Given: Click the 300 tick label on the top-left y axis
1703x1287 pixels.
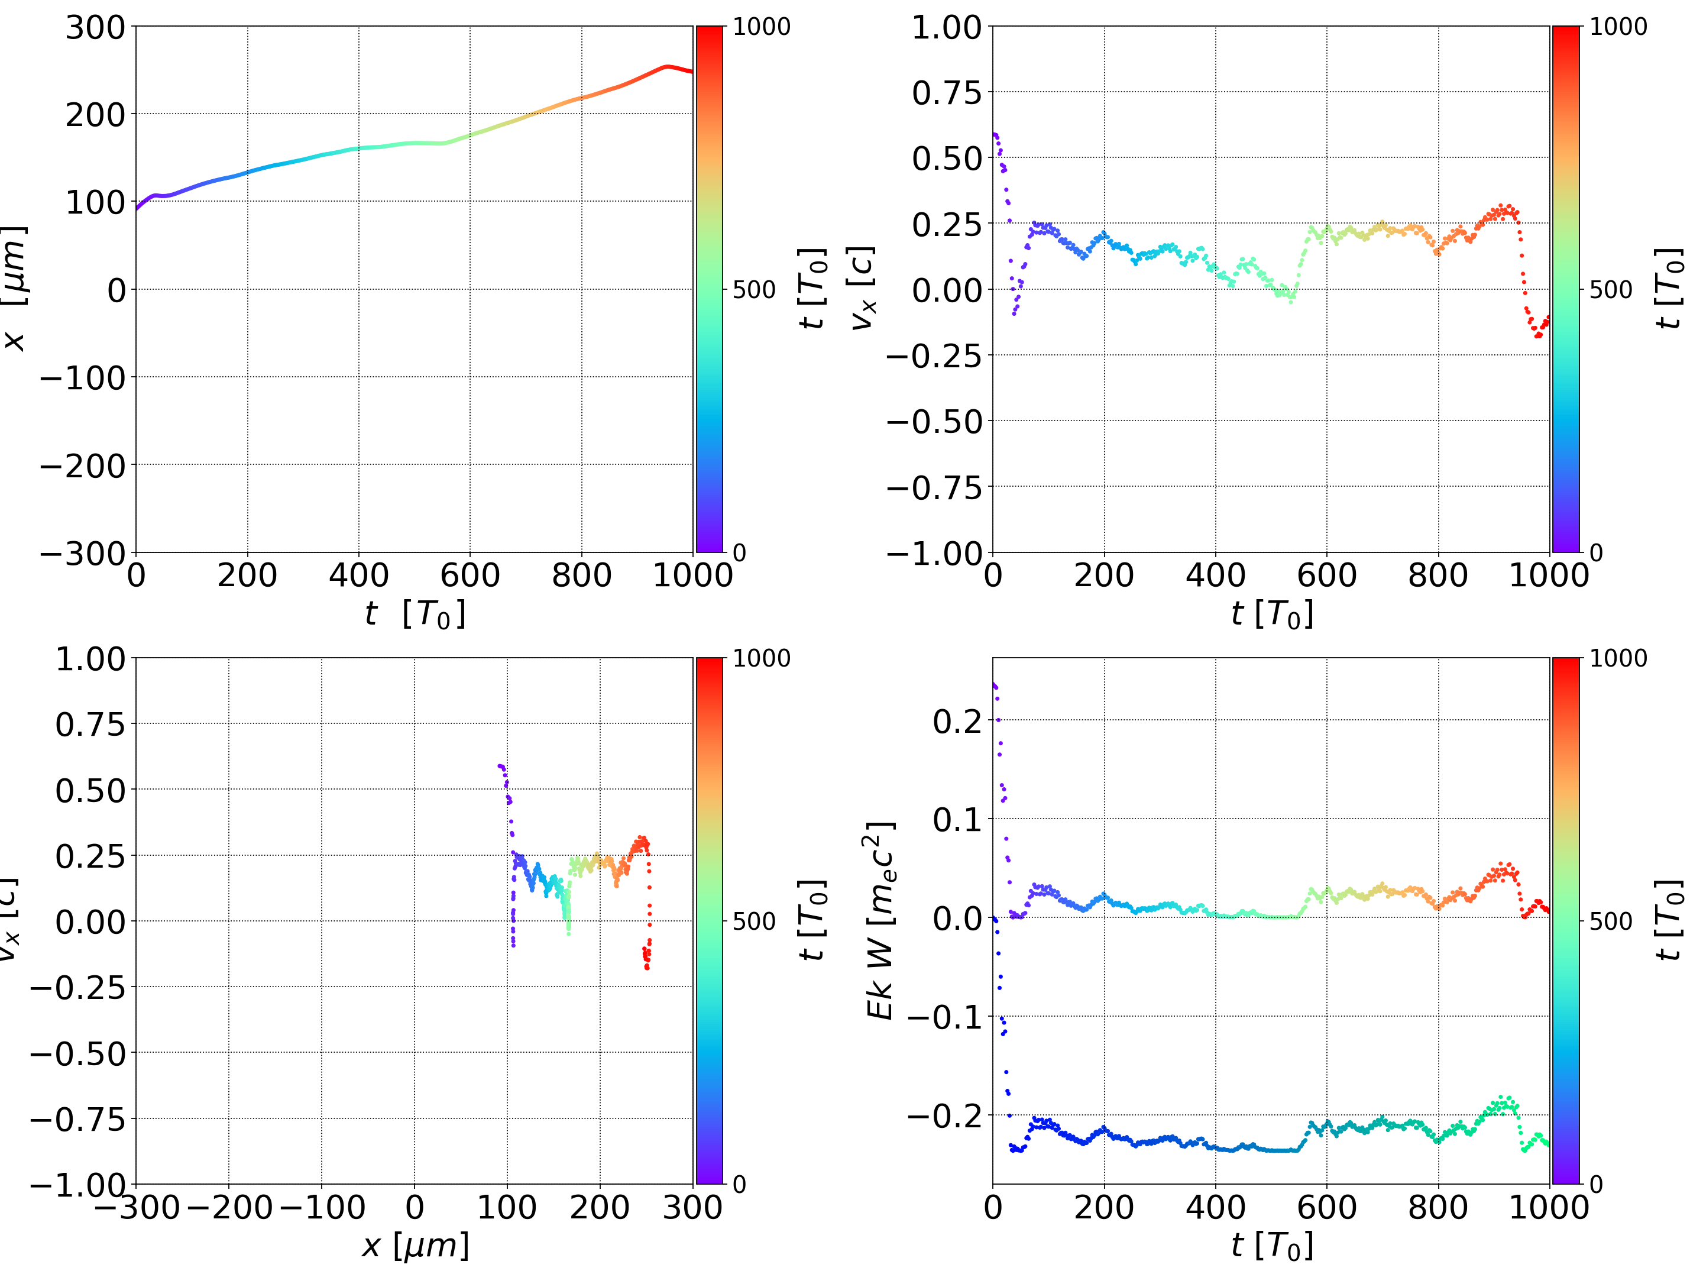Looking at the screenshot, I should [95, 28].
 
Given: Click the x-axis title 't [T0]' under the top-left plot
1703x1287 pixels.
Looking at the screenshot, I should [415, 614].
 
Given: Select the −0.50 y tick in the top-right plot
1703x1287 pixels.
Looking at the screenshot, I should [935, 421].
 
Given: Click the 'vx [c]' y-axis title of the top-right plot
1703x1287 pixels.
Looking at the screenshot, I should [862, 289].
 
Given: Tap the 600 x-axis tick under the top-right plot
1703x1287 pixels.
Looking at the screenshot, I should [1326, 575].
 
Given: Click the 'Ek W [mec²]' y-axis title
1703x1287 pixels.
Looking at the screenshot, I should [880, 921].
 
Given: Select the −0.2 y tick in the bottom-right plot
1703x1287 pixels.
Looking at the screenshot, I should [945, 1115].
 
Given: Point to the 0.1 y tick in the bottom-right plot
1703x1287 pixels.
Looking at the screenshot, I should [958, 820].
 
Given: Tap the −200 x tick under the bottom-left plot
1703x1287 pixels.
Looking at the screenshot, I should [229, 1207].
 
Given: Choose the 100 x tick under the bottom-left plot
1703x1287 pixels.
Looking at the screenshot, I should [507, 1207].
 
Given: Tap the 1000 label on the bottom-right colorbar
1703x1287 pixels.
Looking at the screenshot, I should [1618, 658].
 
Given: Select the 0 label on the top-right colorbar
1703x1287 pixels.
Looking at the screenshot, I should [1596, 553].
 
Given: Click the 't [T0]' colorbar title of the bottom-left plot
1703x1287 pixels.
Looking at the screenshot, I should [813, 921].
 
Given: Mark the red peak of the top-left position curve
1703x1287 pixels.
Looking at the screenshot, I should [667, 67].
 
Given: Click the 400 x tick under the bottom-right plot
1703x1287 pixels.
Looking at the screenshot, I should [1215, 1207].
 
